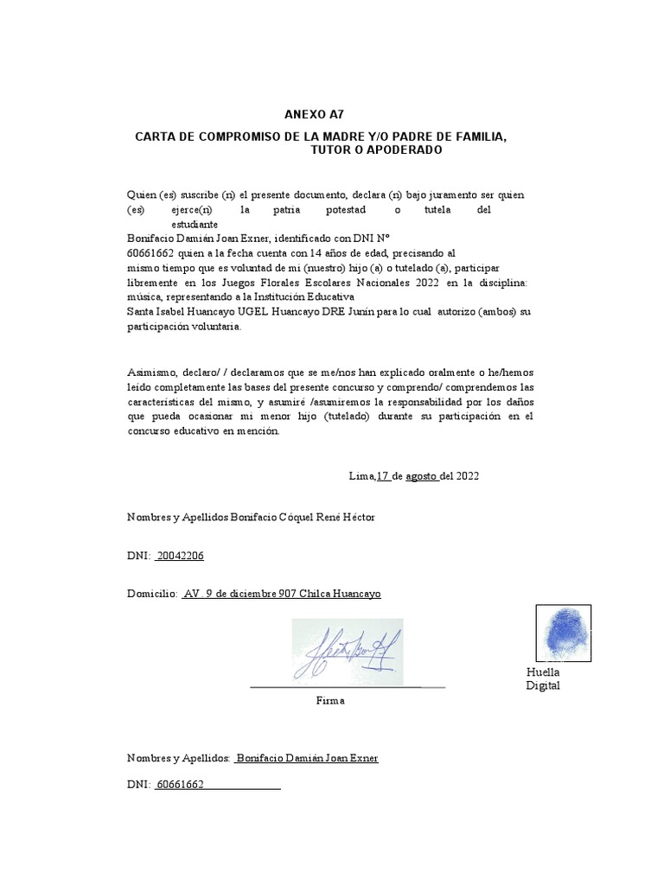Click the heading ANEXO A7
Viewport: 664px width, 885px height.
click(x=308, y=115)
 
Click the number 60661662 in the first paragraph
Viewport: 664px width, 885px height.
click(x=150, y=252)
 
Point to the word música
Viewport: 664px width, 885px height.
click(x=144, y=296)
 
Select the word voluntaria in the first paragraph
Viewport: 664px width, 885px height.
click(x=216, y=328)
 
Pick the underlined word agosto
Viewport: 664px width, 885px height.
click(x=422, y=475)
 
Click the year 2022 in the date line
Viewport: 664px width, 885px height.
click(x=467, y=475)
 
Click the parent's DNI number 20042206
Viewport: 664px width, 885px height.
click(x=180, y=556)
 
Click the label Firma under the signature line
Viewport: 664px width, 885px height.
click(x=330, y=700)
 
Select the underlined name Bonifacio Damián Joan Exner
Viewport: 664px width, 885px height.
click(x=307, y=758)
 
